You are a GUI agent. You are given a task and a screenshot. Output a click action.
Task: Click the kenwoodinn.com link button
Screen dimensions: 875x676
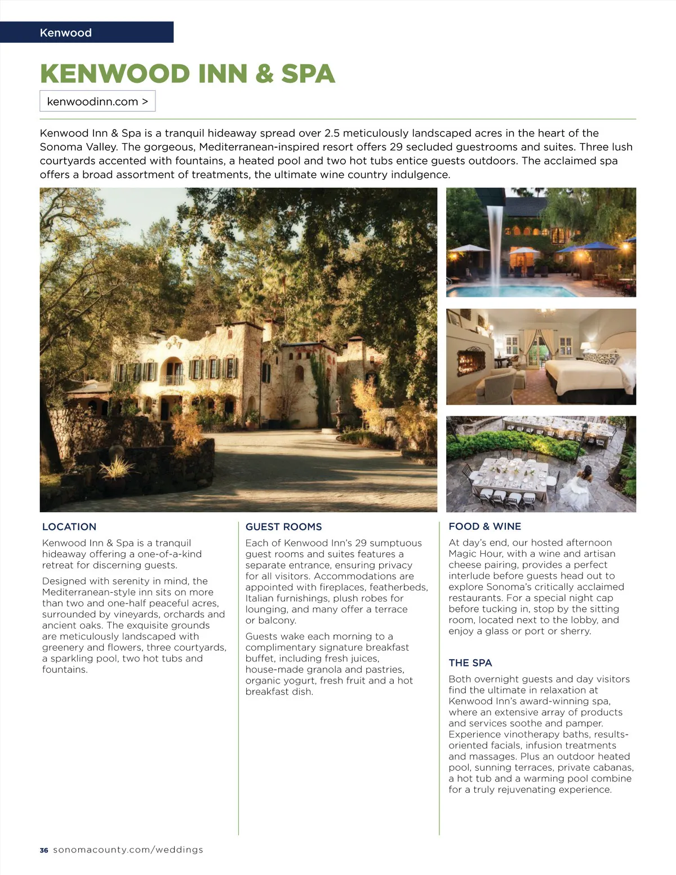97,101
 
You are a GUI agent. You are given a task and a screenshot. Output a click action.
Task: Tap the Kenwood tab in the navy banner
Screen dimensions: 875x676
65,33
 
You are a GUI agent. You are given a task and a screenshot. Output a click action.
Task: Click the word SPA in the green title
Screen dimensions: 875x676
308,74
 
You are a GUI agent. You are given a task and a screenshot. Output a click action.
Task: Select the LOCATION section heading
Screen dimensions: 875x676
69,527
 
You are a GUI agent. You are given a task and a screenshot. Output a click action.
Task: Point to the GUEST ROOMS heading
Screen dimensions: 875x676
283,527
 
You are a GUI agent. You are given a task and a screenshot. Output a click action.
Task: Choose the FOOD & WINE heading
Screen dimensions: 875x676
484,526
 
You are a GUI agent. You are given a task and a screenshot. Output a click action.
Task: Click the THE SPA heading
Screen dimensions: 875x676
470,663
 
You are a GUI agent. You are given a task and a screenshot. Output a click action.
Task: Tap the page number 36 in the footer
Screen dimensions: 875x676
44,850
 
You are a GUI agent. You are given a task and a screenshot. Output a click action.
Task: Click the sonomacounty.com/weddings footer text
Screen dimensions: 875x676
128,850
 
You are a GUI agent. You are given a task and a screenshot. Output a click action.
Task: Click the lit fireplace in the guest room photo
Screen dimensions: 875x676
472,361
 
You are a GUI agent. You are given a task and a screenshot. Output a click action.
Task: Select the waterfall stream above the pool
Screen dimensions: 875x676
496,242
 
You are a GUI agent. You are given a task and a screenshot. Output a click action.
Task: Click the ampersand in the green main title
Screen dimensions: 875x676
264,74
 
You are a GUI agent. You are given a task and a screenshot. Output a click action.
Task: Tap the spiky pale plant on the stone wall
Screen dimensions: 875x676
117,468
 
